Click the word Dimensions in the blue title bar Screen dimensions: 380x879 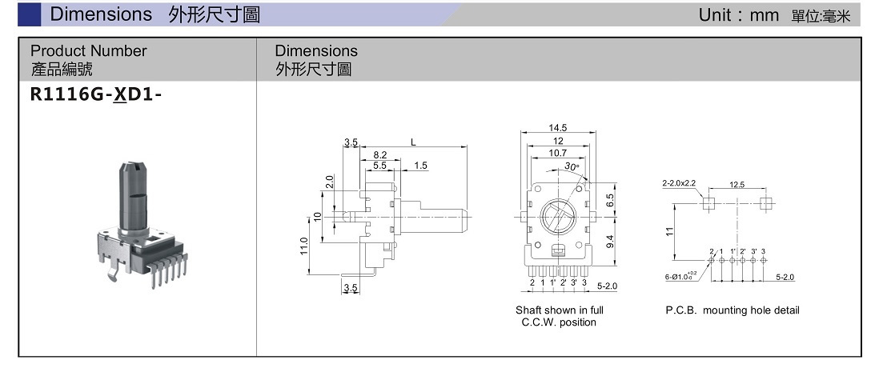click(x=101, y=14)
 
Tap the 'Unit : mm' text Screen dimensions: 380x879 click(x=733, y=15)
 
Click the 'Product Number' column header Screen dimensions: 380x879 click(x=89, y=51)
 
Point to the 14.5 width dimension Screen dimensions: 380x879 click(x=558, y=128)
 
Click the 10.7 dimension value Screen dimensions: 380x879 click(x=558, y=152)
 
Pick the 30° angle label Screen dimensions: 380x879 click(x=571, y=166)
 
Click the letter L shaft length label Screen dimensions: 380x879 click(x=413, y=142)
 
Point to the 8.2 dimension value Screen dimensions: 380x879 click(x=380, y=154)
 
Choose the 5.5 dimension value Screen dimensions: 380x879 click(x=379, y=166)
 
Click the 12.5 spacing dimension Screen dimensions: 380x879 click(x=737, y=185)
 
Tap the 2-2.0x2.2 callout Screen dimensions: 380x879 click(x=679, y=184)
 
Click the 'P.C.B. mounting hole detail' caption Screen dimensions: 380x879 click(x=732, y=310)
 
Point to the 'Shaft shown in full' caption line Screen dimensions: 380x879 click(x=559, y=310)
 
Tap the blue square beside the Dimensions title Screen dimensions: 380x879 click(x=30, y=14)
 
